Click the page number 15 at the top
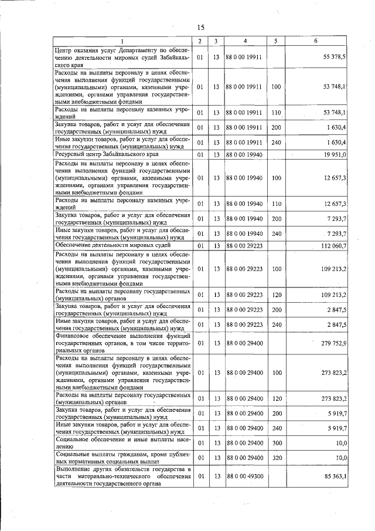pyautogui.click(x=200, y=28)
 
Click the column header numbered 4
pyautogui.click(x=245, y=41)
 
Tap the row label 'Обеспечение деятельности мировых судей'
pyautogui.click(x=106, y=245)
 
